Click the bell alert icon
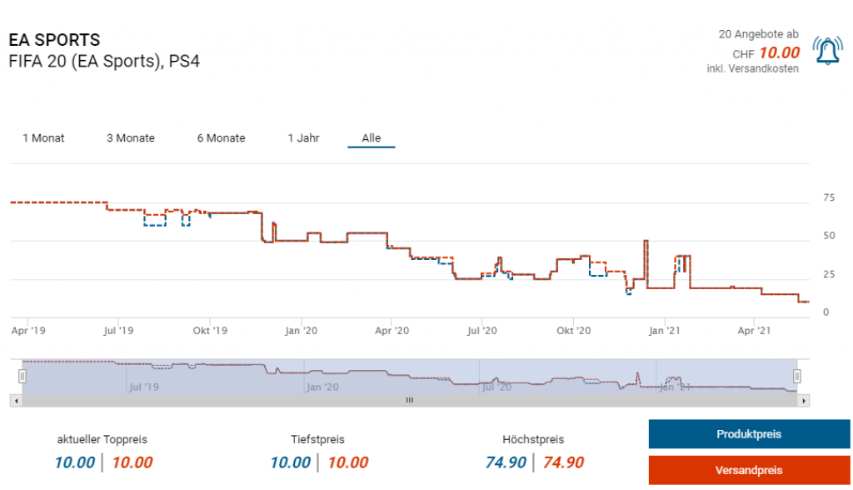pyautogui.click(x=827, y=51)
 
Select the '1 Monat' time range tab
pyautogui.click(x=43, y=138)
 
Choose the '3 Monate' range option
pyautogui.click(x=131, y=138)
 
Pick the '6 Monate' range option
pyautogui.click(x=221, y=138)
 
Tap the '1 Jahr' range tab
pyautogui.click(x=303, y=138)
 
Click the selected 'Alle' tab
pyautogui.click(x=372, y=138)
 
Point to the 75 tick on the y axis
pyautogui.click(x=828, y=197)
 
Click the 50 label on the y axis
pyautogui.click(x=828, y=236)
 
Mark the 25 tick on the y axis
pyautogui.click(x=828, y=274)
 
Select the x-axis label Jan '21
pyautogui.click(x=664, y=331)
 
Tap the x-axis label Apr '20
pyautogui.click(x=392, y=331)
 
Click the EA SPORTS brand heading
pyautogui.click(x=54, y=40)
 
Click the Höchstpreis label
pyautogui.click(x=533, y=439)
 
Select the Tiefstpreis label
pyautogui.click(x=318, y=439)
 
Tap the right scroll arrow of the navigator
pyautogui.click(x=803, y=401)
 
